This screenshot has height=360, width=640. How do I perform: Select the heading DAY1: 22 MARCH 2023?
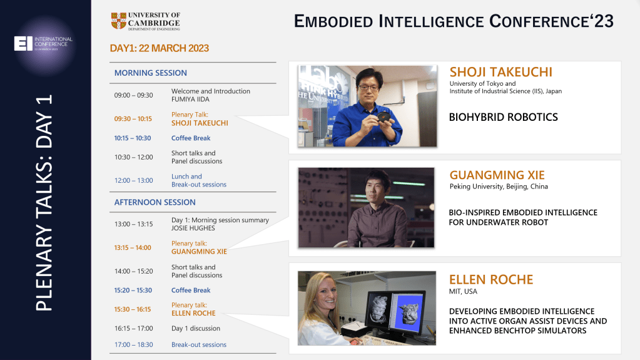tap(159, 48)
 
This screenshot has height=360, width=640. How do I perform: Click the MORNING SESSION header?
tap(150, 73)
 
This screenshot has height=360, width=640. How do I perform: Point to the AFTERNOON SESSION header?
tap(155, 202)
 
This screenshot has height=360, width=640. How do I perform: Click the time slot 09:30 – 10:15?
tap(133, 119)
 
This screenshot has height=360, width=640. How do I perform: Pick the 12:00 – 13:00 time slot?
tap(133, 180)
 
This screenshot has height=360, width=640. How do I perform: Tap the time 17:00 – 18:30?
tap(133, 344)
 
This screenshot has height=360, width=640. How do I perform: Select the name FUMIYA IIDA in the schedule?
tap(191, 100)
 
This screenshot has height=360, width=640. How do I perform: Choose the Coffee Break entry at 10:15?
tap(191, 138)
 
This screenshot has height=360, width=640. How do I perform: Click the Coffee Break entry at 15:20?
tap(191, 291)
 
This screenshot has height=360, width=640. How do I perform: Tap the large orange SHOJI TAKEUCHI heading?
tap(500, 72)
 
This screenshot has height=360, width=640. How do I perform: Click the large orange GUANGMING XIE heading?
tap(497, 175)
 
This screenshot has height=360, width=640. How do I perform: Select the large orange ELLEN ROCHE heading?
tap(491, 279)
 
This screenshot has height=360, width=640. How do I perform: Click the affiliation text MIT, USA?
tap(463, 292)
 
